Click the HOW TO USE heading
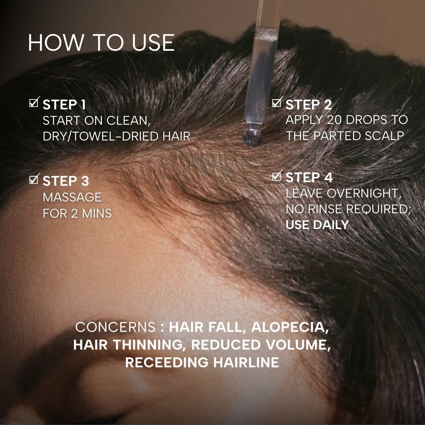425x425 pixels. tap(102, 42)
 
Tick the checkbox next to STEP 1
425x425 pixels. tap(34, 102)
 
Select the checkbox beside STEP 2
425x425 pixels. tap(277, 102)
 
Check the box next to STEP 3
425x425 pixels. tap(34, 179)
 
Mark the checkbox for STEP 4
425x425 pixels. tap(277, 176)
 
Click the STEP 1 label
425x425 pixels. tap(64, 105)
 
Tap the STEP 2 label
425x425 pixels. tap(309, 105)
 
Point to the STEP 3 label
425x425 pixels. tap(66, 181)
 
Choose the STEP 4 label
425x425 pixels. tap(309, 177)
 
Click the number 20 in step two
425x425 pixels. tap(335, 120)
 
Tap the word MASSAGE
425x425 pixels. tap(72, 197)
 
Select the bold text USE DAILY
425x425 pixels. tap(317, 225)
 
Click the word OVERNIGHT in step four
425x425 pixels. tap(364, 194)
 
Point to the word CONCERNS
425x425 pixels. tap(115, 327)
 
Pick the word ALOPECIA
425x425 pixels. tap(290, 327)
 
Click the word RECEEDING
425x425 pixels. tap(166, 362)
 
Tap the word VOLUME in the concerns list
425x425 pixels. tap(298, 345)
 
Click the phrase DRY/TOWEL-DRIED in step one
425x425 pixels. tap(101, 136)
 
